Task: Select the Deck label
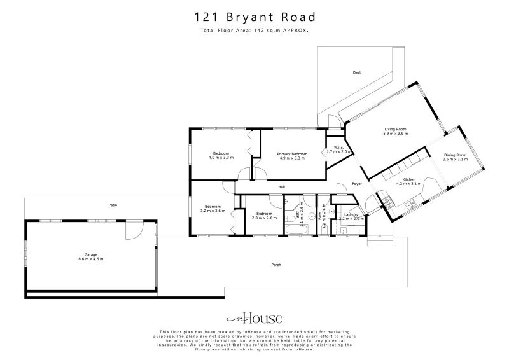(x=357, y=73)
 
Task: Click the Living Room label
(x=394, y=129)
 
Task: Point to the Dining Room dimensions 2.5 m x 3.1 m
(x=455, y=160)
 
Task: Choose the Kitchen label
(x=408, y=180)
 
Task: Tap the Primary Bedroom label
(x=292, y=154)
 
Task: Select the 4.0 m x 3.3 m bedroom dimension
(x=221, y=158)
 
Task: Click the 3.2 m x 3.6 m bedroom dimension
(x=213, y=211)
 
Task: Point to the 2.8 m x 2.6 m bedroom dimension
(x=263, y=218)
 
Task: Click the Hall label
(x=281, y=187)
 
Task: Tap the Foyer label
(x=357, y=184)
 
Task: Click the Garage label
(x=90, y=254)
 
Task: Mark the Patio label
(x=113, y=205)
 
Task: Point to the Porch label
(x=276, y=265)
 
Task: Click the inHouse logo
(x=254, y=318)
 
